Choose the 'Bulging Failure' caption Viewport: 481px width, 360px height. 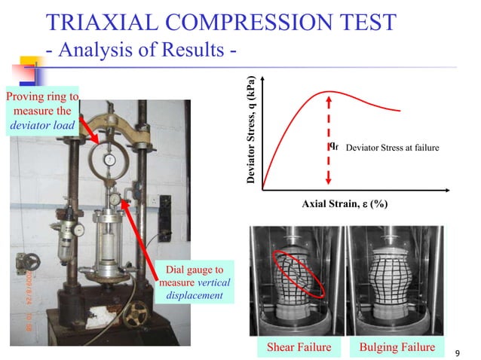[397, 346]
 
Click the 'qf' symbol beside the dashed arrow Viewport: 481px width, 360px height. [335, 146]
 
